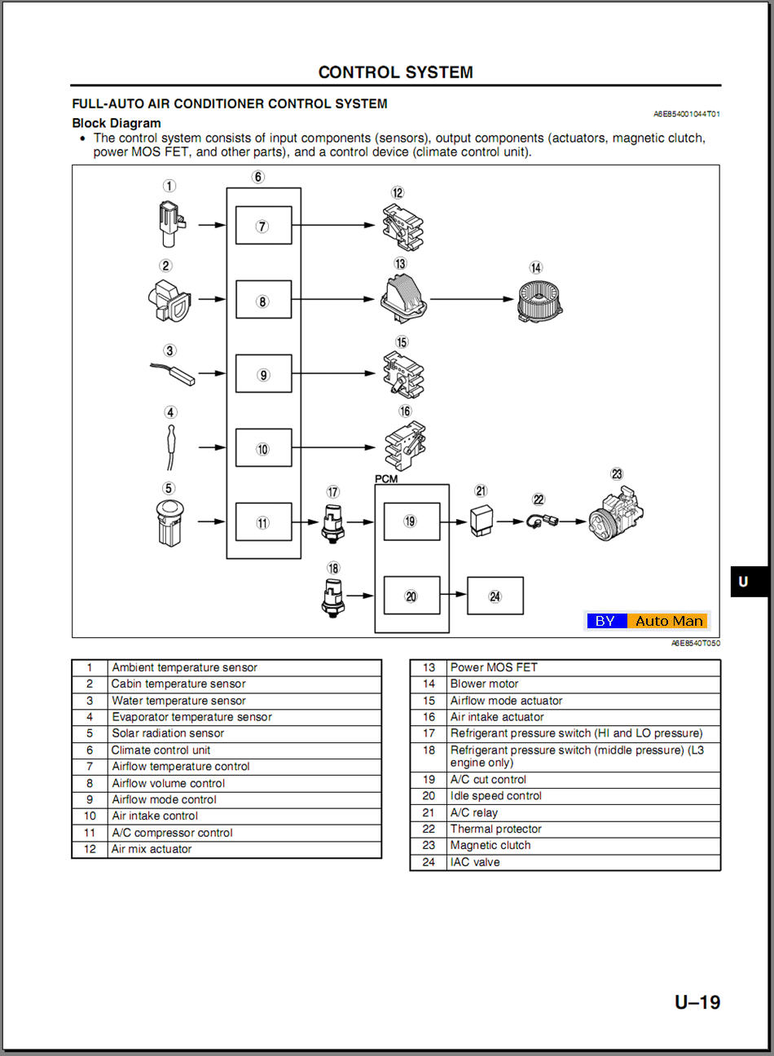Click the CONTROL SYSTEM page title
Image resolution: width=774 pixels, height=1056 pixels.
[395, 73]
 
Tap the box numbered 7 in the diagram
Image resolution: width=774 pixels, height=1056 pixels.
[263, 226]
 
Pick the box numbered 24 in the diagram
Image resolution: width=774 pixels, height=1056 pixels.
[495, 596]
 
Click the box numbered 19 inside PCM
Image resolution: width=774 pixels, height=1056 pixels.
[411, 521]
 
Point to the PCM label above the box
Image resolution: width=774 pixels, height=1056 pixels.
[386, 479]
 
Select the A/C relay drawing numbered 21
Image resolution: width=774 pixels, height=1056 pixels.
[481, 520]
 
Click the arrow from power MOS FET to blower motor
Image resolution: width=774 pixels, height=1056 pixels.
[473, 299]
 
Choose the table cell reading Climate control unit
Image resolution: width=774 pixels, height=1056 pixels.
[161, 750]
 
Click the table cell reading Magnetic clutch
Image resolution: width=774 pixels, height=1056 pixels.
[490, 846]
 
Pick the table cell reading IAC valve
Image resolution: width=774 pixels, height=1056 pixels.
[475, 862]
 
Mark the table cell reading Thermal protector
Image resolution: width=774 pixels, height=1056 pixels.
[495, 829]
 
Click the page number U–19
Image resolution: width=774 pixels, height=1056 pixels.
[697, 1002]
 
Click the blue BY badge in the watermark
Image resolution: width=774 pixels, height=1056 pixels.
[605, 621]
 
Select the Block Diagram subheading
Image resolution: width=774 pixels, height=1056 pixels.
[117, 123]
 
